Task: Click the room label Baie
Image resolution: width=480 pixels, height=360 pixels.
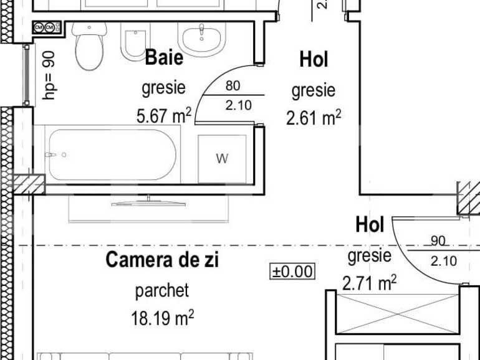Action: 164,57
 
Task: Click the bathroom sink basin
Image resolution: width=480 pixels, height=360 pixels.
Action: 201,37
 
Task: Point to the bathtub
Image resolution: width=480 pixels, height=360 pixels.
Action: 112,154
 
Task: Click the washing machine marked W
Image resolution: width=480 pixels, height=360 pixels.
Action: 222,159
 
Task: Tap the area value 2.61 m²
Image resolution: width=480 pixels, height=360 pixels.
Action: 313,117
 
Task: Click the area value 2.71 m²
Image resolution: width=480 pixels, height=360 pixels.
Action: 369,283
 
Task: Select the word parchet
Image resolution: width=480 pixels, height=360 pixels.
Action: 161,290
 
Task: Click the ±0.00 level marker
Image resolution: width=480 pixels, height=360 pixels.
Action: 292,272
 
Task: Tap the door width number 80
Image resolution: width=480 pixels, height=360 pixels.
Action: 233,87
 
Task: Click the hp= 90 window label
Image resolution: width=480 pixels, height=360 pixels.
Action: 50,75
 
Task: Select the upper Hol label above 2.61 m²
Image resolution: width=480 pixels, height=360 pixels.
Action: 314,60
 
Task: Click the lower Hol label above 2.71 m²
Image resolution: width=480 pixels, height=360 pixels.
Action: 370,225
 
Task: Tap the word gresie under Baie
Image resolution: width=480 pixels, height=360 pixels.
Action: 163,88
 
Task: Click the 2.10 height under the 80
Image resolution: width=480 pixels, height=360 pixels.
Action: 238,105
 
